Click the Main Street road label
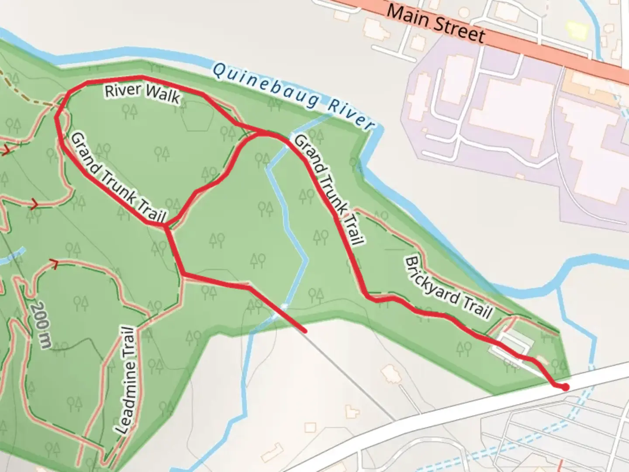coord(436,23)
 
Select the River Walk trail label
coord(142,93)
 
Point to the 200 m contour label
coord(41,324)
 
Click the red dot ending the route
coord(565,387)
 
